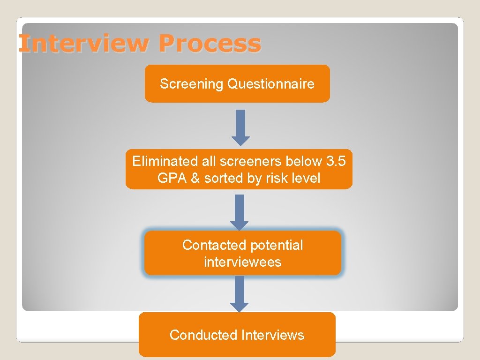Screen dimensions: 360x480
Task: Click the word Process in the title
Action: (x=209, y=44)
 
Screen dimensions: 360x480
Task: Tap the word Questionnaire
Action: (x=270, y=84)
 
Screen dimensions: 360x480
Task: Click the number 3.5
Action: (x=336, y=161)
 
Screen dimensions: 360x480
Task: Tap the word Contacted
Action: (x=214, y=245)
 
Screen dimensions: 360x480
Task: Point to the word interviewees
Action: (x=242, y=262)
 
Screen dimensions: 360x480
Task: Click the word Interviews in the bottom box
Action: (x=272, y=335)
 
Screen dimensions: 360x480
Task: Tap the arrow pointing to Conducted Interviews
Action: (x=240, y=293)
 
